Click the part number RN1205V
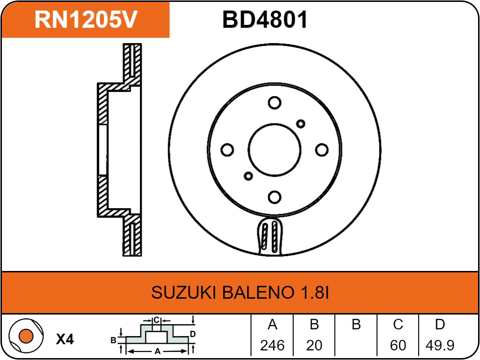click(x=86, y=20)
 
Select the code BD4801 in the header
click(x=265, y=20)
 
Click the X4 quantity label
click(x=65, y=339)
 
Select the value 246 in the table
click(x=272, y=345)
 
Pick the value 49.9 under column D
click(x=440, y=345)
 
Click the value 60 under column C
click(x=398, y=345)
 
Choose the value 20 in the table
click(x=314, y=345)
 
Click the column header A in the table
click(x=272, y=325)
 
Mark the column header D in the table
click(x=440, y=325)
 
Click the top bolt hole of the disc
click(x=274, y=103)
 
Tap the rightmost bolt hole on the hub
click(x=321, y=150)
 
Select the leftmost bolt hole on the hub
click(x=227, y=150)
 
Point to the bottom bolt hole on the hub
click(x=274, y=197)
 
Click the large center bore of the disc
click(x=274, y=150)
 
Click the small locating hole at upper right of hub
click(x=300, y=124)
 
